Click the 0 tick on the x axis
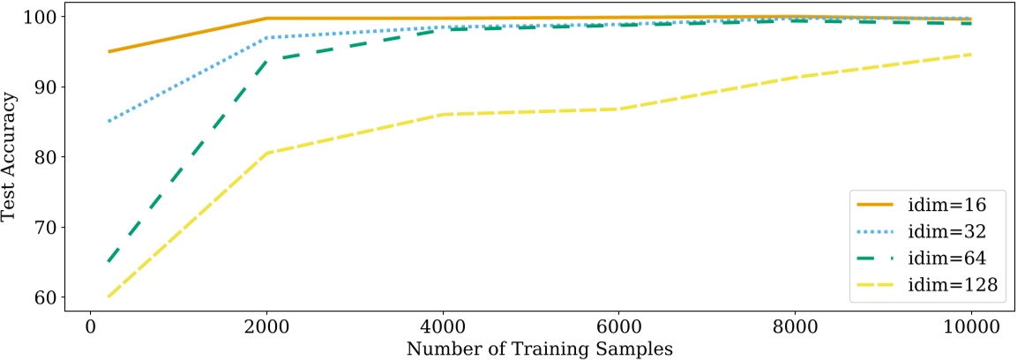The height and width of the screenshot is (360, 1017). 90,326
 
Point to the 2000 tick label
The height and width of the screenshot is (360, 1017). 266,326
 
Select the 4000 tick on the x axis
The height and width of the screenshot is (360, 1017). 443,326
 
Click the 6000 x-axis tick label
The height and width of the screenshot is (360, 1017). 618,326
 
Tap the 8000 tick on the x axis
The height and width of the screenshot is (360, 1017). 795,326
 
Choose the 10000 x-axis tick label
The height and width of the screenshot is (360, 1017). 971,326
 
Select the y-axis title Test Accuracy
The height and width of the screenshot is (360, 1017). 11,160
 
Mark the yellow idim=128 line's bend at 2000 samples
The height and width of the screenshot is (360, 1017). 266,154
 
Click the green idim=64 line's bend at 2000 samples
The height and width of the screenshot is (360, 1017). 266,61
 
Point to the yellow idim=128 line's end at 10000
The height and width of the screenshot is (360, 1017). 971,55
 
